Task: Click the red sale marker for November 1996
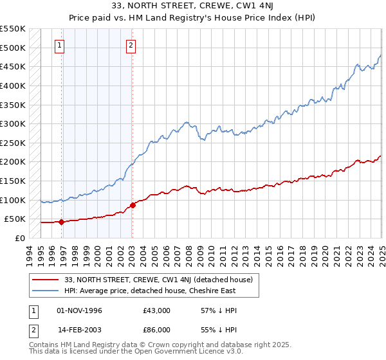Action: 62,222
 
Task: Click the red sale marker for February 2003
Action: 133,206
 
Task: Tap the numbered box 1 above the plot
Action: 59,45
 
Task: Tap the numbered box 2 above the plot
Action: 131,45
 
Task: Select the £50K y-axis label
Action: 15,219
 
